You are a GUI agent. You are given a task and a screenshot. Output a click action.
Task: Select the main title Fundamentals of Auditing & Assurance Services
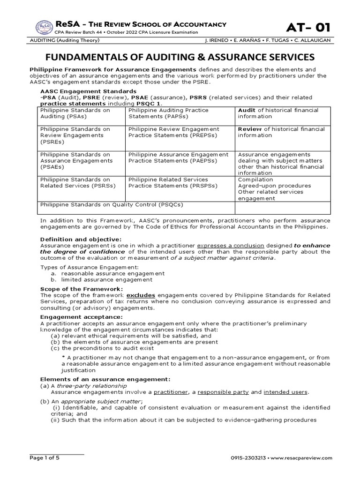[180, 57]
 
